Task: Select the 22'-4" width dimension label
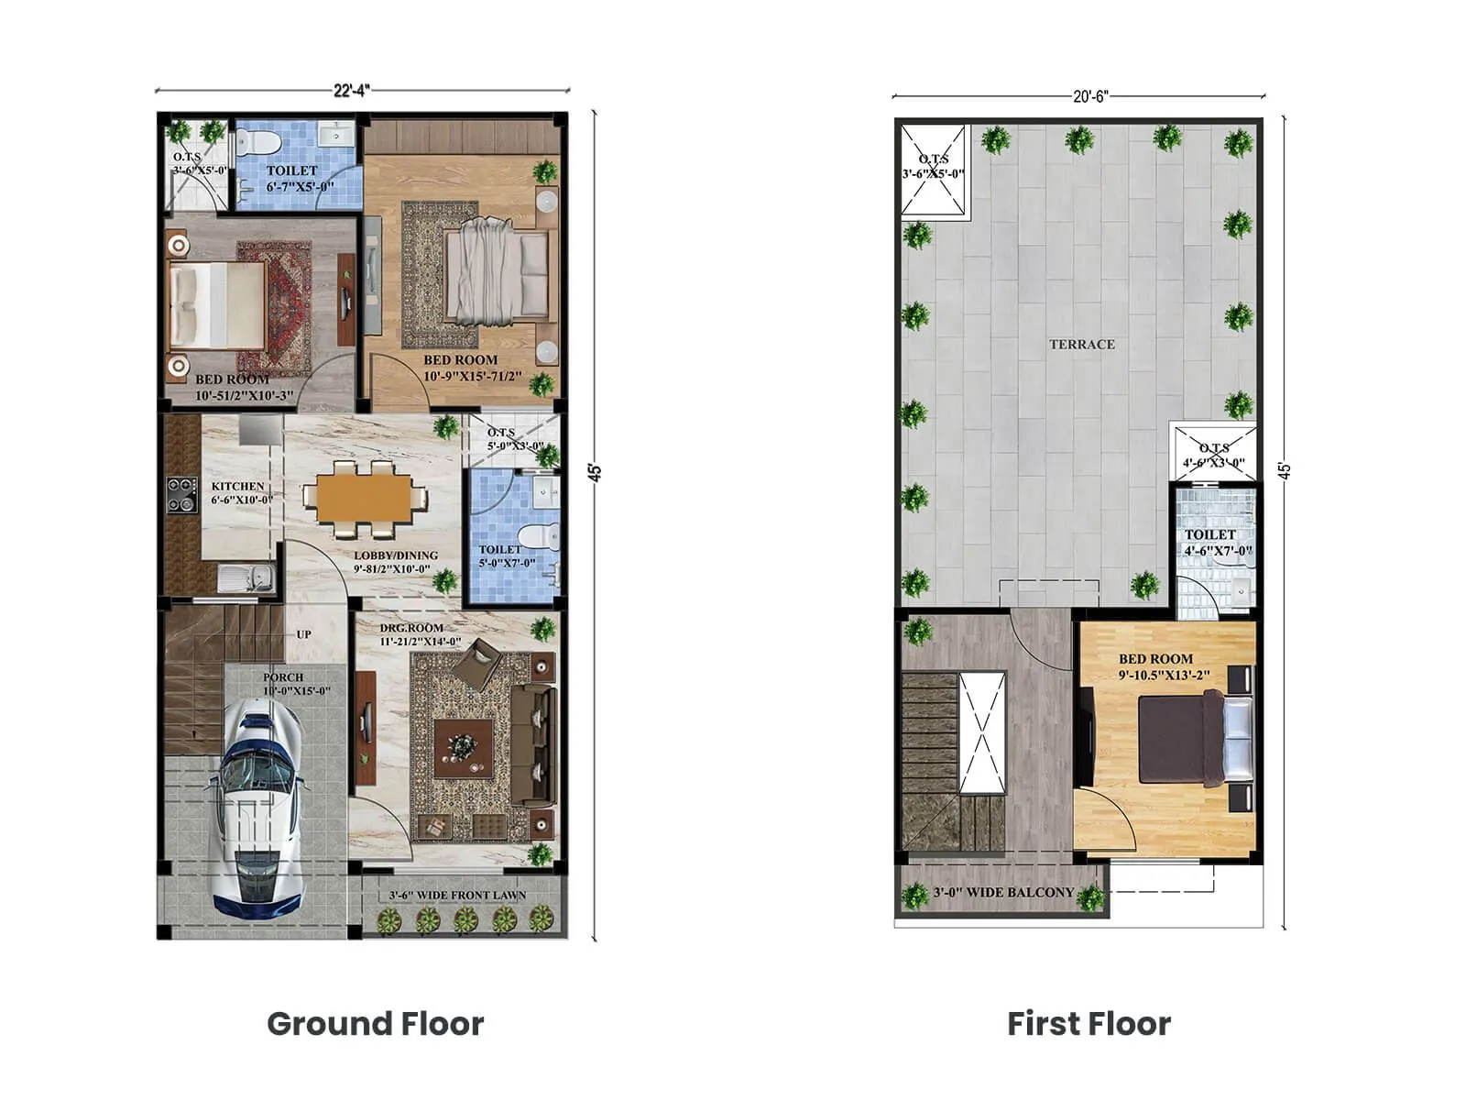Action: [352, 91]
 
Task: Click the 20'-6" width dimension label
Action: [1090, 96]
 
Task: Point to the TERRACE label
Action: [1082, 345]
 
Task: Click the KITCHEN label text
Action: [237, 487]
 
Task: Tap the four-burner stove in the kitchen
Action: [181, 495]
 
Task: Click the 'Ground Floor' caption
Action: [375, 1023]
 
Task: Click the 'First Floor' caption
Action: [1089, 1023]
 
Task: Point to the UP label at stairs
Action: [303, 634]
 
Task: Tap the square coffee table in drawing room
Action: [464, 748]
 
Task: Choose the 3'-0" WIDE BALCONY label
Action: [1003, 892]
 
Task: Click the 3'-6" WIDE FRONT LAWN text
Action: [457, 896]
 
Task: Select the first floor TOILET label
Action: [1209, 534]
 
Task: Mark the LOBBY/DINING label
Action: [396, 555]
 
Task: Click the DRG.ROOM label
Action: [411, 629]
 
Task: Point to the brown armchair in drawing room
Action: [479, 665]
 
